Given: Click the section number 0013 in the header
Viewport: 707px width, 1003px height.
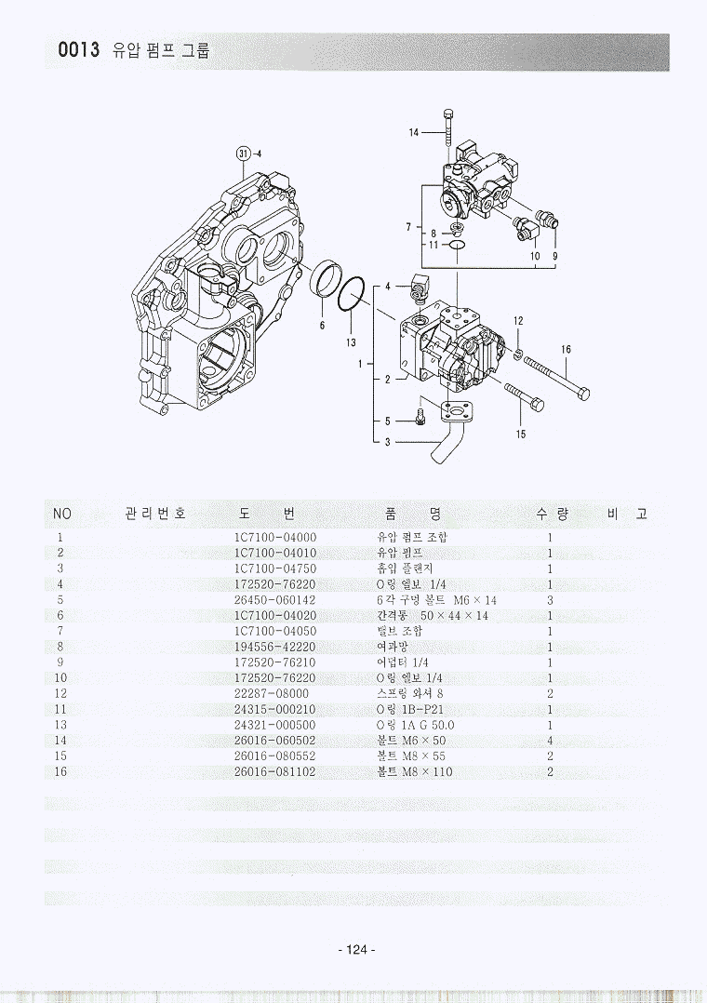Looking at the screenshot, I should [x=78, y=51].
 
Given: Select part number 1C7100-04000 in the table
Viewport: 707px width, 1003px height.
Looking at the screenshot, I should [x=274, y=537].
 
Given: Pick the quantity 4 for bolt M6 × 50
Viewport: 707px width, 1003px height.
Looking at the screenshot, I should [x=551, y=740].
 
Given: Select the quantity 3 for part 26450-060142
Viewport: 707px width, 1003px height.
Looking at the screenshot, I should [x=551, y=600].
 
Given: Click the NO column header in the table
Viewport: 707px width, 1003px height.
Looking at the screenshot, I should [x=61, y=514].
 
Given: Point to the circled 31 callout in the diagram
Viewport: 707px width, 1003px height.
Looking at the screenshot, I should [x=243, y=153].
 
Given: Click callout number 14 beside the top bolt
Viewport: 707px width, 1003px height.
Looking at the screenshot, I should [x=414, y=132].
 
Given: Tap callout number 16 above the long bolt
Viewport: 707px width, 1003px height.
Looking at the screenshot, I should [x=566, y=349].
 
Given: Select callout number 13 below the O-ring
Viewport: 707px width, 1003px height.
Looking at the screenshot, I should [x=351, y=341].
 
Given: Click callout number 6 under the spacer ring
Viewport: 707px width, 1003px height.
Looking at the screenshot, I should [x=321, y=325].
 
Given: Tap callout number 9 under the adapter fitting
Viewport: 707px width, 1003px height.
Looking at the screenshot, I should [x=554, y=255].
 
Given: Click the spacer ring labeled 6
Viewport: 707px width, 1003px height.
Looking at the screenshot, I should [x=324, y=282].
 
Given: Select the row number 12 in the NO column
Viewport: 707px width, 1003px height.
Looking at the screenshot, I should [x=61, y=693].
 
